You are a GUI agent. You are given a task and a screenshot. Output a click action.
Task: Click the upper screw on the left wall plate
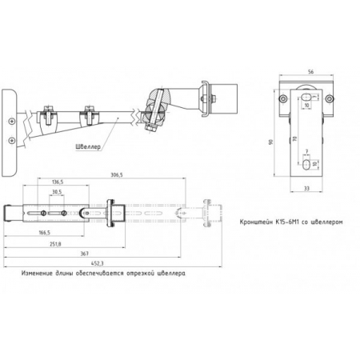point(11,120)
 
